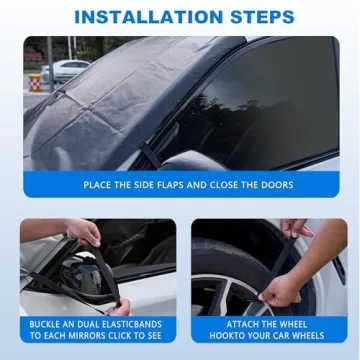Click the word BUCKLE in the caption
46,324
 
